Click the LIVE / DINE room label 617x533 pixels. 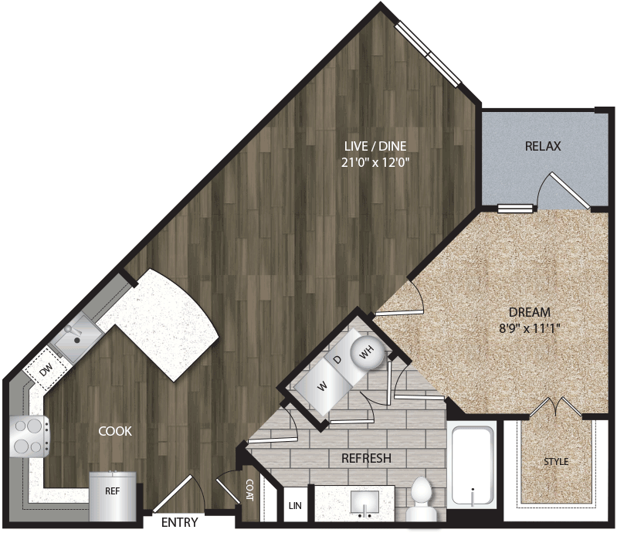point(375,146)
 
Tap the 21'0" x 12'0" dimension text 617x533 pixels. point(375,162)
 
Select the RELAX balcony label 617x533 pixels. point(542,146)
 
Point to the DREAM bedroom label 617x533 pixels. point(529,312)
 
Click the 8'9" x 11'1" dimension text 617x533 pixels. point(529,328)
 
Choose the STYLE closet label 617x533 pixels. point(555,462)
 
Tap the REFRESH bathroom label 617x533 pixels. point(366,458)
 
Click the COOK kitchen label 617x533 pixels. point(114,431)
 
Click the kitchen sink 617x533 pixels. point(76,338)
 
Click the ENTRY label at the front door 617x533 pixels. point(179,522)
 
